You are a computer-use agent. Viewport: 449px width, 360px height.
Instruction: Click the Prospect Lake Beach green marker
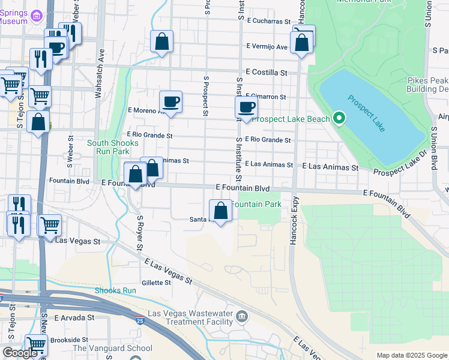coord(339,118)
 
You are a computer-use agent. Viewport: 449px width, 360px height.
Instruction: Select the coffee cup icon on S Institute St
coord(246,107)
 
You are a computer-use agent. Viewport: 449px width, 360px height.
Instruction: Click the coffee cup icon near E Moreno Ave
coord(171,101)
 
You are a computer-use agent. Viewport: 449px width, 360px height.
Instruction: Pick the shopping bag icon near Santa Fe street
coord(221,211)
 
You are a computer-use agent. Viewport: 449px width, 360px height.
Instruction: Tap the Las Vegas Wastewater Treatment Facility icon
coord(241,316)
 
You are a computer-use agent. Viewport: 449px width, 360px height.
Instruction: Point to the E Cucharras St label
coord(268,21)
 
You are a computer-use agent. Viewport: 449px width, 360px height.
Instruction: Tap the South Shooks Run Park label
coord(113,147)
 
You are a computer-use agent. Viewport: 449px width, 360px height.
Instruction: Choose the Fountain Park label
coord(257,205)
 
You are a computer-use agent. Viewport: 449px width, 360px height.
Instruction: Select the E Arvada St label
coord(75,317)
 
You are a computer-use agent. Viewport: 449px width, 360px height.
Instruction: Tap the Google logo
coord(20,353)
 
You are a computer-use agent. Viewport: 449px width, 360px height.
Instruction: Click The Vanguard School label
coord(112,348)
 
